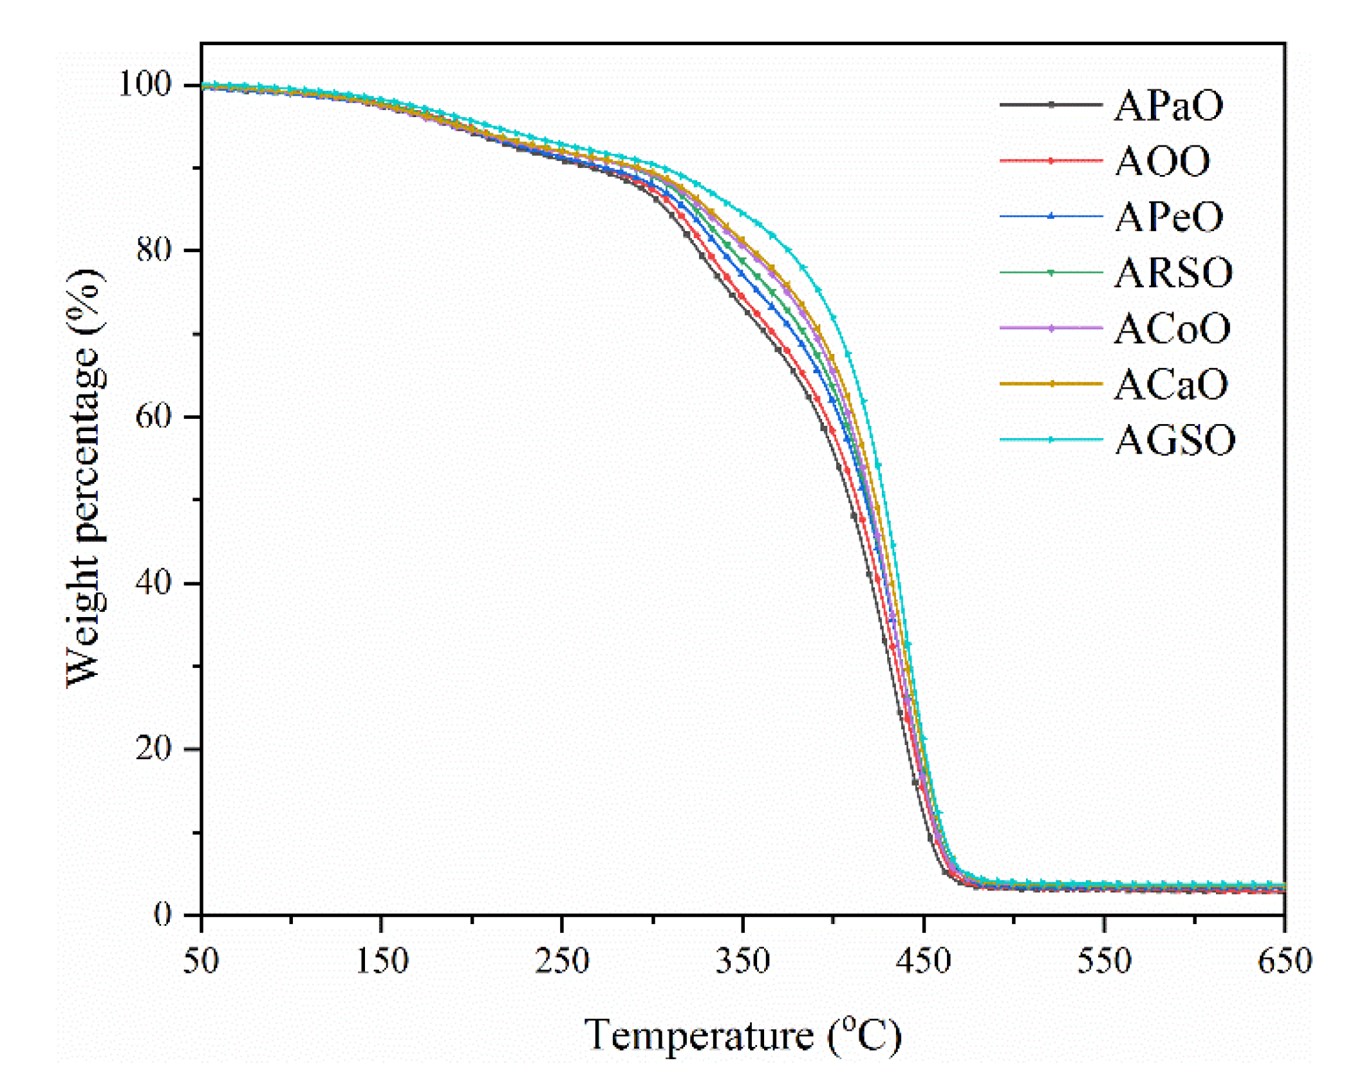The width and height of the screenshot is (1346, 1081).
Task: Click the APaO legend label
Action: pos(1168,106)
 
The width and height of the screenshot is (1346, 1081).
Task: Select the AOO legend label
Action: pos(1162,162)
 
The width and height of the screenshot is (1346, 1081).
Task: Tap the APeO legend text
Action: pos(1168,217)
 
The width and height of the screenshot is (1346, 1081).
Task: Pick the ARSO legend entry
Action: pos(1173,273)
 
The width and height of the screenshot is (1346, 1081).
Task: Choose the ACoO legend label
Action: pos(1172,329)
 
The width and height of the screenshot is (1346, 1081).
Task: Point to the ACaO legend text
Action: pos(1170,385)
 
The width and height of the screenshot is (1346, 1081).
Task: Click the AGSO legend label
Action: pos(1174,441)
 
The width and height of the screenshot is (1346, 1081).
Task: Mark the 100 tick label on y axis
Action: pos(144,84)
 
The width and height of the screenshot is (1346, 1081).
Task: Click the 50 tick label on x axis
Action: pos(201,961)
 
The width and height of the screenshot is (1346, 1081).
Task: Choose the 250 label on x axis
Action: pos(561,961)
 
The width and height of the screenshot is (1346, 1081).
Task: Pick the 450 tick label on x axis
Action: pos(923,961)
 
